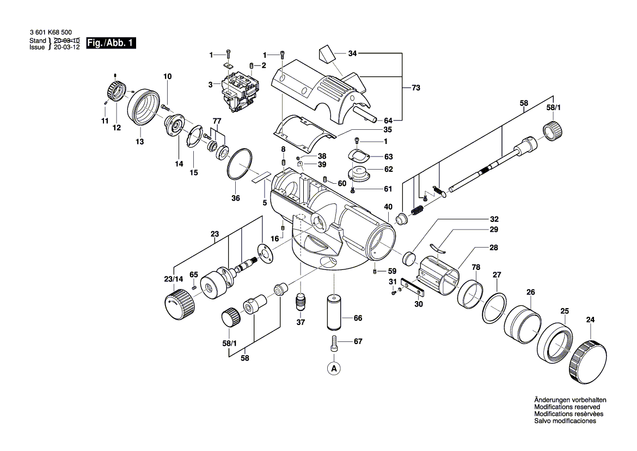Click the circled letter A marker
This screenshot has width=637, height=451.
(334, 369)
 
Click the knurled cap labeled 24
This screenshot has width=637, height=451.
(589, 361)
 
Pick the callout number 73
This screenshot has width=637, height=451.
(416, 88)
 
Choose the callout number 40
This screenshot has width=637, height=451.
(388, 207)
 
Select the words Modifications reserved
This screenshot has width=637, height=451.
(567, 407)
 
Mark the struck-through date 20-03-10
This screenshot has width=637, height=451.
(67, 41)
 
